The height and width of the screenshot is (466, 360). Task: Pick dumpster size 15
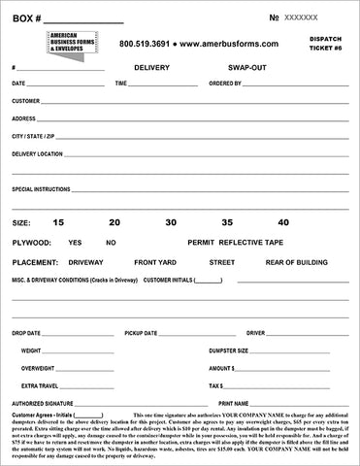pyautogui.click(x=58, y=223)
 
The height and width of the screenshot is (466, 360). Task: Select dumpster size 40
pyautogui.click(x=283, y=223)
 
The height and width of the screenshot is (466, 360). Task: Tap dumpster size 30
pyautogui.click(x=171, y=223)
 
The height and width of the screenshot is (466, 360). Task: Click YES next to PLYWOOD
pyautogui.click(x=76, y=242)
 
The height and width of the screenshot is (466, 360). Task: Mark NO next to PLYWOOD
pyautogui.click(x=111, y=242)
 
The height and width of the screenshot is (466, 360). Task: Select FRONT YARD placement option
pyautogui.click(x=155, y=261)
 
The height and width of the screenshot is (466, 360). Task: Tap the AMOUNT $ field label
pyautogui.click(x=222, y=368)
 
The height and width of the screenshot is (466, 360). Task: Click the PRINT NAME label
pyautogui.click(x=236, y=403)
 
